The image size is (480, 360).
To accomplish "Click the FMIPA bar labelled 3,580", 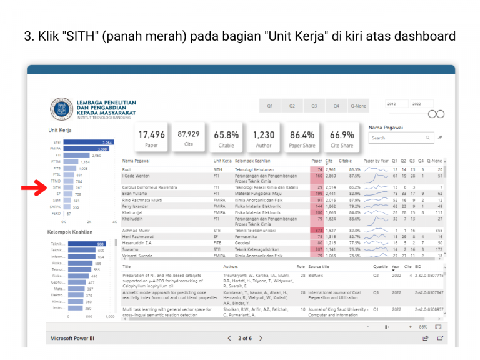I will point(86,149).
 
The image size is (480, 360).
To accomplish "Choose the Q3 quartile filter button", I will point(314,106).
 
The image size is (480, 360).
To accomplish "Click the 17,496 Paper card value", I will point(152,134).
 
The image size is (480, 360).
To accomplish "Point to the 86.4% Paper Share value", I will point(302,134).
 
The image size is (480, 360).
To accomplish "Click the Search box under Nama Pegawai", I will point(397,137).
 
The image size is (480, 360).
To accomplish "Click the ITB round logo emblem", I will point(61,109).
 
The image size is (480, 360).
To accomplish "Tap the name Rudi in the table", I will point(126,169).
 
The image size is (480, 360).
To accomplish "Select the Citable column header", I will point(345,161).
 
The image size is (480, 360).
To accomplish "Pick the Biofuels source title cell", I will point(316,274).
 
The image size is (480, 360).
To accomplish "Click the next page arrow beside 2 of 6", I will point(261,338).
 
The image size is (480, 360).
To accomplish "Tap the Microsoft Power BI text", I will point(72,338).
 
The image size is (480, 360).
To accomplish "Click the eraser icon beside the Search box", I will point(440,137).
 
